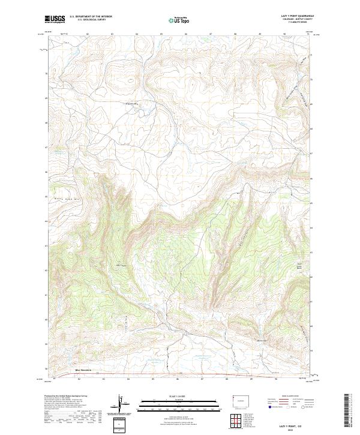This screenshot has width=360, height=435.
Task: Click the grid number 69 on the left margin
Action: click(x=48, y=98)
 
